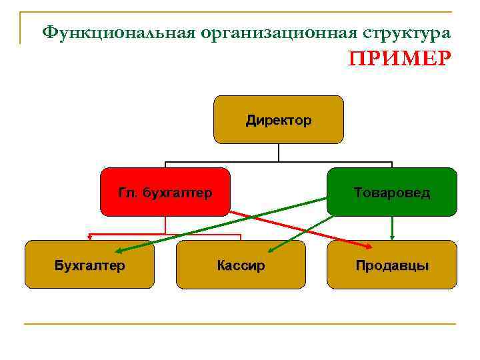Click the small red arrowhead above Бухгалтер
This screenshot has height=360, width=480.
(x=89, y=236)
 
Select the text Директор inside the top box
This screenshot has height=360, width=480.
(x=278, y=121)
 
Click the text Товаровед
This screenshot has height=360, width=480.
(x=392, y=193)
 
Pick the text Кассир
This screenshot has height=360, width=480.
(x=241, y=266)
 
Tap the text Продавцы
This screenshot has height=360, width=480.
(x=392, y=266)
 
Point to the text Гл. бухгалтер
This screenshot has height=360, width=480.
(x=165, y=193)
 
